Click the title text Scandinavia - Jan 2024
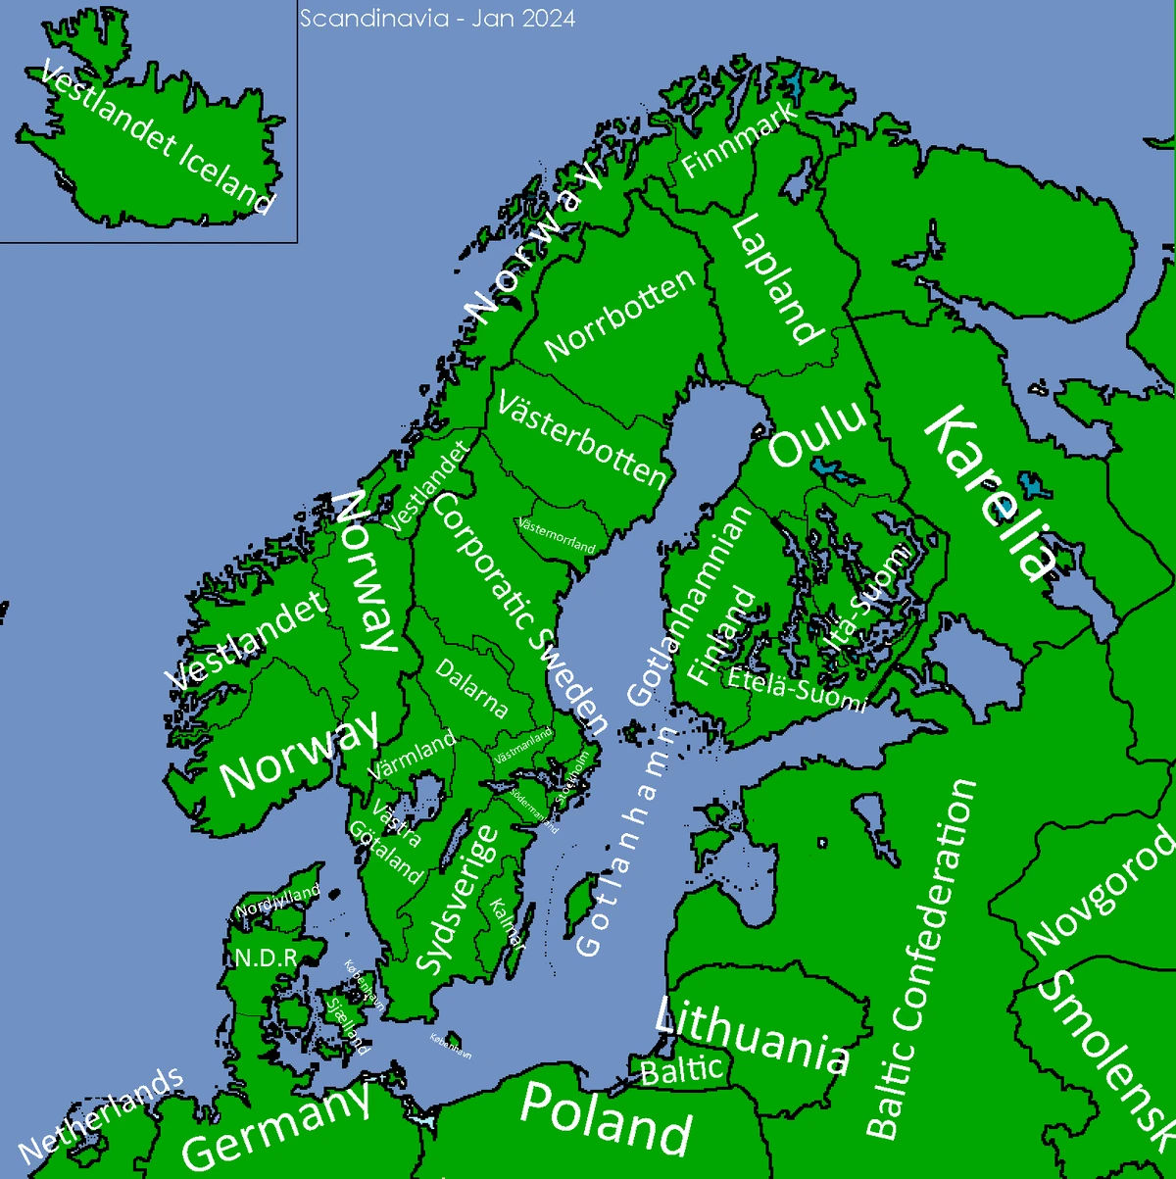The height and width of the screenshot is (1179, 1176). tap(437, 19)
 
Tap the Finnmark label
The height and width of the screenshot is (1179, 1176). tap(739, 142)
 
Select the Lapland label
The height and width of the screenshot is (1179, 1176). tap(776, 278)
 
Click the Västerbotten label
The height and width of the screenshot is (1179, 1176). tap(582, 439)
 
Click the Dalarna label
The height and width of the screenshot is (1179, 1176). tap(472, 688)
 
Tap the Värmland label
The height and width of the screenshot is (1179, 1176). tap(413, 755)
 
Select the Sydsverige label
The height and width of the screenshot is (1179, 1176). tap(459, 900)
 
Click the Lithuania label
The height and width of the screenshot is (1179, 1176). tap(752, 1036)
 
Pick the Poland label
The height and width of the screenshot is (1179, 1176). tap(606, 1116)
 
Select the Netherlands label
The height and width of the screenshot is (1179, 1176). tap(101, 1114)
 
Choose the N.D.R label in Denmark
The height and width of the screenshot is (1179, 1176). tap(261, 958)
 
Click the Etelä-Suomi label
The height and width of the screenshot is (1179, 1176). tap(797, 685)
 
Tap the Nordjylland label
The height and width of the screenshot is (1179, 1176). tap(279, 901)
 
